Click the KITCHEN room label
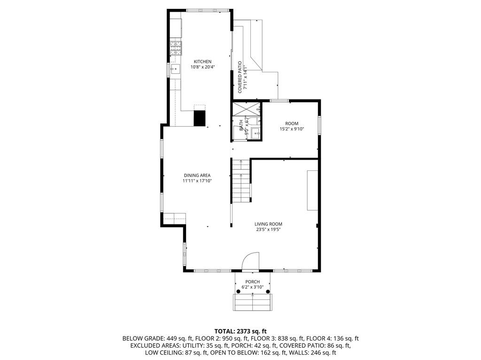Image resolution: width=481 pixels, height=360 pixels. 202,61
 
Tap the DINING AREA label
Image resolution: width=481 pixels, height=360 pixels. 197,176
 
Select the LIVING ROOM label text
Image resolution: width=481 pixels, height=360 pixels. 268,224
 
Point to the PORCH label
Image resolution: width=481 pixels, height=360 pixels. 252,282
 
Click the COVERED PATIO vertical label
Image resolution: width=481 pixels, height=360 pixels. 240,77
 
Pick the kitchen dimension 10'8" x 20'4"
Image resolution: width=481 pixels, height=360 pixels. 202,67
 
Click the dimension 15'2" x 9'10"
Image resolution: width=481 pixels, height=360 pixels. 292,129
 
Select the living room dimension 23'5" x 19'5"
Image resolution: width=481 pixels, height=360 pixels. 268,230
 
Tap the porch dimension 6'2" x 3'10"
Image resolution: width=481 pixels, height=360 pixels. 252,287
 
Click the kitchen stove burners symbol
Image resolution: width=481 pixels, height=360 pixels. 176,48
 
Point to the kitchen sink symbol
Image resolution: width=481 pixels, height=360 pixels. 176,69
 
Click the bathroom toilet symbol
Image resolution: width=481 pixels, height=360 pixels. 254,121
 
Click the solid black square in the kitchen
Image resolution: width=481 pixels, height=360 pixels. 199,118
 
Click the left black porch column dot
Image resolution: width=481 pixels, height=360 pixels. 238,291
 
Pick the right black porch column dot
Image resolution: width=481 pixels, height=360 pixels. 268,291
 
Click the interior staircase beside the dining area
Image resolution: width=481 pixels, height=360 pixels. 241,181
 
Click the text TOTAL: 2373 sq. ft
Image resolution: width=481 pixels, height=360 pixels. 240,331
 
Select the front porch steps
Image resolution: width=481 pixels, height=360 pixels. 253,302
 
